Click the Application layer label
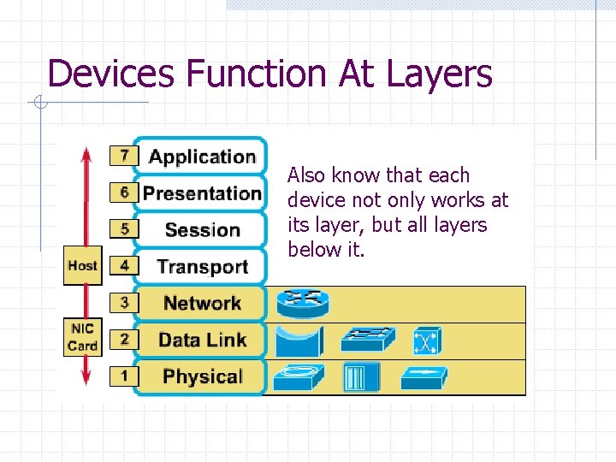[x=202, y=157]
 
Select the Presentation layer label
[x=202, y=193]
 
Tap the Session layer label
[x=202, y=230]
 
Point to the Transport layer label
[x=202, y=266]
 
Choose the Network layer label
[x=202, y=303]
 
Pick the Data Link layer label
[x=202, y=340]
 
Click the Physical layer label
[x=202, y=376]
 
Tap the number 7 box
[x=124, y=156]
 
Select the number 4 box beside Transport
[x=124, y=265]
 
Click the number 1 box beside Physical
[x=124, y=376]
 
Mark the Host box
[x=82, y=265]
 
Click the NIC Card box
[x=82, y=337]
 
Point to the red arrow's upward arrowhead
[x=86, y=154]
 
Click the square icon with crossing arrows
[x=426, y=341]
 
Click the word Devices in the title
[x=112, y=74]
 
